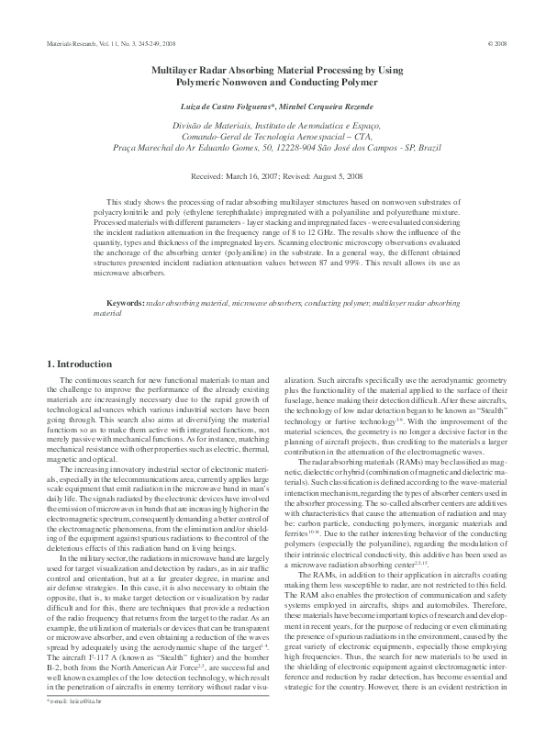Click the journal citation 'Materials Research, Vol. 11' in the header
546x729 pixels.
click(78, 43)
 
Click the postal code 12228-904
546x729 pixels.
click(310, 147)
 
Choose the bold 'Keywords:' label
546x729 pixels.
click(125, 302)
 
